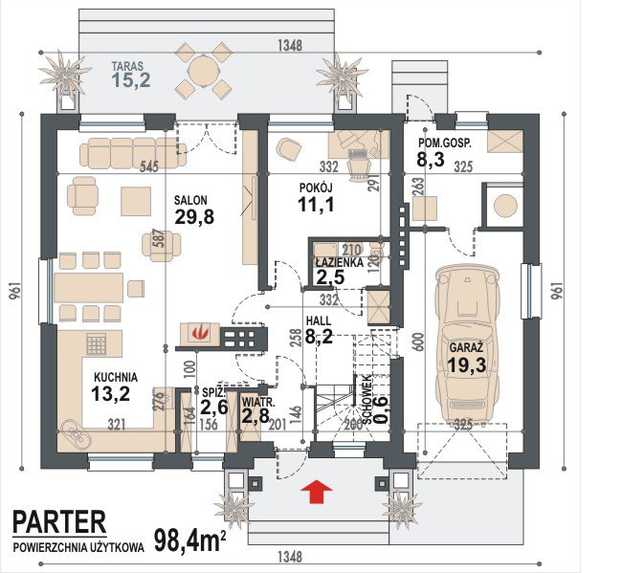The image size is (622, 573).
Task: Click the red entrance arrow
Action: point(316,492)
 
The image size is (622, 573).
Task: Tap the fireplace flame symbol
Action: point(200,333)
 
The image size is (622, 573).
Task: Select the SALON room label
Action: point(190,200)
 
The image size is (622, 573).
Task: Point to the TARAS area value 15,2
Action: point(131,80)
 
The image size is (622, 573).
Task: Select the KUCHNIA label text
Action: point(116,377)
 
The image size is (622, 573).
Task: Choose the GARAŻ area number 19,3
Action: point(467,364)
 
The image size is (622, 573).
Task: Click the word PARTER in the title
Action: point(59,521)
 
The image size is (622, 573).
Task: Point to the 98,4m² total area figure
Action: point(190,540)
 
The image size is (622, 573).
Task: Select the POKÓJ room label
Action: point(316,187)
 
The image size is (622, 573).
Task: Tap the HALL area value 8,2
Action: point(319,337)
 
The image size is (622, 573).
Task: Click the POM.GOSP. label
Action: point(445,143)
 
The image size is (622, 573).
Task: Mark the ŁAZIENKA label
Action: point(339,262)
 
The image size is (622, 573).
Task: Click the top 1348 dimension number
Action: point(290,45)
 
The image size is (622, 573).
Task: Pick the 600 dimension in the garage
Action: point(421,342)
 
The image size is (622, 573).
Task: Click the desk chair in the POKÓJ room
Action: point(360,167)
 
